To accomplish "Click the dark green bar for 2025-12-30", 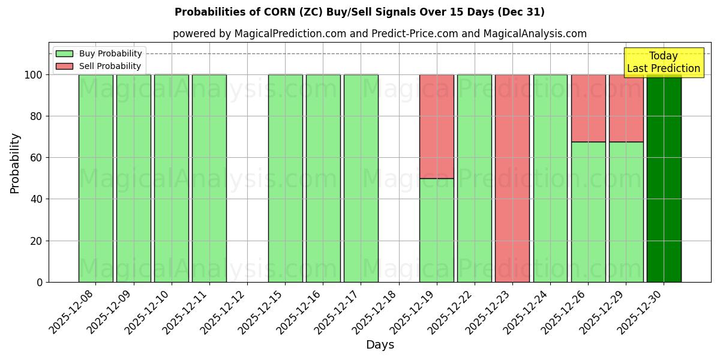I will tap(664, 180).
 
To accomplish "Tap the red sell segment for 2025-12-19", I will tap(436, 126).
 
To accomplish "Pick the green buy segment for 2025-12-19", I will tap(436, 230).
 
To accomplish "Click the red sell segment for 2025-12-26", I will tap(588, 108).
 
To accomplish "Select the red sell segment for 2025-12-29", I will tap(626, 108).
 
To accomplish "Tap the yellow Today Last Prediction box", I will tap(663, 62).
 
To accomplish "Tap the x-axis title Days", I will tap(380, 345).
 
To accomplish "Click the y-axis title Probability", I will tap(15, 163).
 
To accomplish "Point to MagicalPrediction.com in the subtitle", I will tap(290, 34).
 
